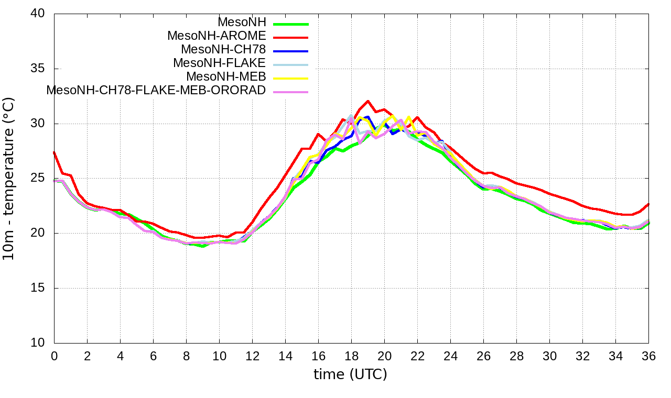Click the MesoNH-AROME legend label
[217, 36]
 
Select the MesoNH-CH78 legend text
[223, 50]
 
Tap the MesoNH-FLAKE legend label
[220, 63]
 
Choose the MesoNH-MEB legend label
[226, 76]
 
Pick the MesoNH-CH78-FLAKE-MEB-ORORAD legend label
[156, 90]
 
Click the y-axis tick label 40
[38, 14]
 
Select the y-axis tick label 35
[38, 69]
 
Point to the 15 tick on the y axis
[38, 288]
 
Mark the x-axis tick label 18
[351, 356]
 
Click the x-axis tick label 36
[648, 356]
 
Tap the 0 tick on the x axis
[54, 356]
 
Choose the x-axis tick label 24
[450, 356]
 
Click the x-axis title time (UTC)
[350, 374]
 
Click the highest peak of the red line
[368, 101]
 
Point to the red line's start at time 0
[54, 152]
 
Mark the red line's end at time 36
[648, 204]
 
